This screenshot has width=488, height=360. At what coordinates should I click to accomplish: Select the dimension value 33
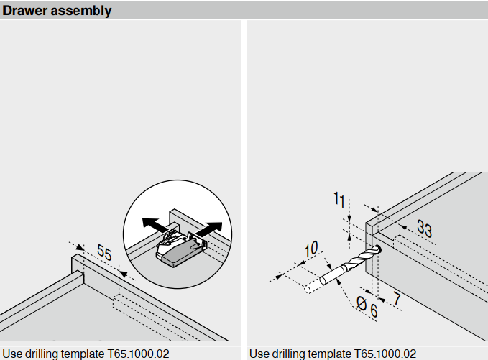pos(424,230)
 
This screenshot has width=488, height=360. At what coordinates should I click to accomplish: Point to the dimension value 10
pos(310,249)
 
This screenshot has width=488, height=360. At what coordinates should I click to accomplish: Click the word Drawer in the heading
pos(26,11)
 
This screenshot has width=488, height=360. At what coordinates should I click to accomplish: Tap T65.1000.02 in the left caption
pos(139,354)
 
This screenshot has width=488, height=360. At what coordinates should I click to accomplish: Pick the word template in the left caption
pos(86,354)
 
